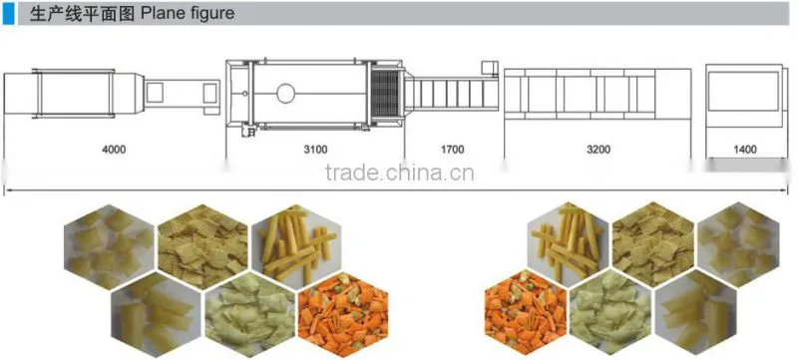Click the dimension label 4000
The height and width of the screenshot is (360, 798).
click(114, 150)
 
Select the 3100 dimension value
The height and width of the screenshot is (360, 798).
click(315, 150)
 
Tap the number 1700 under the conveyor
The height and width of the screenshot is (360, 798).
click(453, 150)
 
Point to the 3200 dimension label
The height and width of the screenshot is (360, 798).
click(598, 150)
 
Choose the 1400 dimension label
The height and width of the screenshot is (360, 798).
click(745, 150)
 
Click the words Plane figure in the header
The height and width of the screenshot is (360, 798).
click(188, 13)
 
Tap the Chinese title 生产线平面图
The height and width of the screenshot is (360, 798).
click(82, 14)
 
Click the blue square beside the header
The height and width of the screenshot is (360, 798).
click(9, 13)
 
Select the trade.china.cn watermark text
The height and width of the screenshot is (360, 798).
click(400, 173)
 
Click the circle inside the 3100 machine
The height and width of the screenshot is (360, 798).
click(285, 93)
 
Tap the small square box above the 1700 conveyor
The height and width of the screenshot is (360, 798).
click(490, 69)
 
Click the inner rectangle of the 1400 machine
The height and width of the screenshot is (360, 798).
click(743, 91)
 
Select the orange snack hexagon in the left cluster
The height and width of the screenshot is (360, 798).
click(343, 315)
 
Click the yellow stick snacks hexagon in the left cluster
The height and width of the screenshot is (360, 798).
click(296, 245)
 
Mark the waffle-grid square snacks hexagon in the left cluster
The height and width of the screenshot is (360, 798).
click(202, 246)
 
